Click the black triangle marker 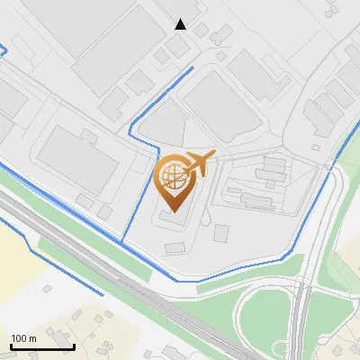181,24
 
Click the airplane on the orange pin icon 200,163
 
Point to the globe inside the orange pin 174,173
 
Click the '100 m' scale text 23,338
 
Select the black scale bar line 42,346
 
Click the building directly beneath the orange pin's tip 175,216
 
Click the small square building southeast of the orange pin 220,233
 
